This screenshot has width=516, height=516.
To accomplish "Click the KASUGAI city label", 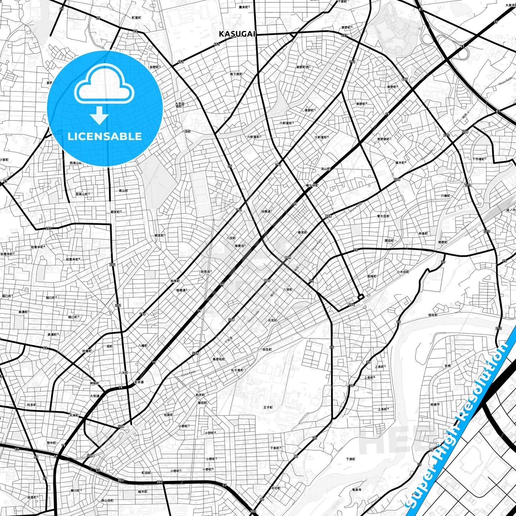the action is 237,34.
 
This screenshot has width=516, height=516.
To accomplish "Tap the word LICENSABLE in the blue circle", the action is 105,136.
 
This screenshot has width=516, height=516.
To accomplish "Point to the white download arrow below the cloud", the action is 99,116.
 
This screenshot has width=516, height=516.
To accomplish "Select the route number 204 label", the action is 351,305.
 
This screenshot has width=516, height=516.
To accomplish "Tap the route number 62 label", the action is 45,348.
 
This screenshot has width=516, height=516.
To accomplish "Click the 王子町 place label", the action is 268,407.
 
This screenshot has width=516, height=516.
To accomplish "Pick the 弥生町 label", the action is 267,350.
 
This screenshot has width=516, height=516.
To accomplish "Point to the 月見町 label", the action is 272,320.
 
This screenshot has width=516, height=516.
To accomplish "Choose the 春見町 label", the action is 302,232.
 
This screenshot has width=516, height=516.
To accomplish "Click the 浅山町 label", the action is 325,169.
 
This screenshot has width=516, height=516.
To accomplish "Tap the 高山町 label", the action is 123,191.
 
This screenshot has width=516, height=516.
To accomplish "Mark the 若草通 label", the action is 139,382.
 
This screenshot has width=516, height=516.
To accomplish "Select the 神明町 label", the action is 94,383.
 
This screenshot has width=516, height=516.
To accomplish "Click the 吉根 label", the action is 447,366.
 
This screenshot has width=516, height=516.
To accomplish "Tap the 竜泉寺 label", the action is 357,490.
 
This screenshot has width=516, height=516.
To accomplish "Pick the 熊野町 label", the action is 442,242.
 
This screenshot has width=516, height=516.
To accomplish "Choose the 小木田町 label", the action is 403,272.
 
